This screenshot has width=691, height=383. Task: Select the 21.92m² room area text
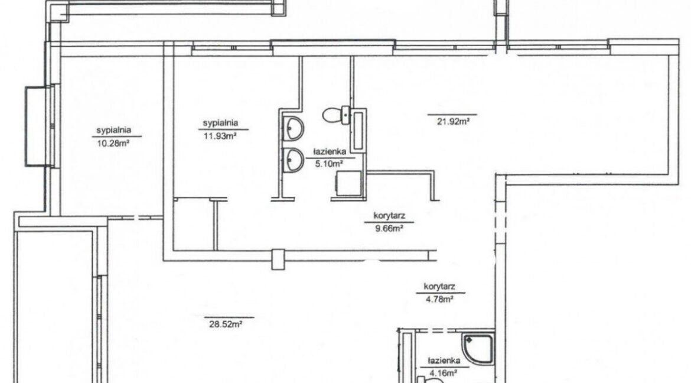[453, 121]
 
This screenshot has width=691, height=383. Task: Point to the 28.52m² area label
[226, 324]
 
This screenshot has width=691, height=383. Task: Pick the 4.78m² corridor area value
[439, 298]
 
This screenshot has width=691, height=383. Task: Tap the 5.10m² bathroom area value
[329, 163]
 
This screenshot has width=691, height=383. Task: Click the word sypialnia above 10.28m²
[114, 131]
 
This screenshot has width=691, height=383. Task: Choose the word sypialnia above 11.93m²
[220, 123]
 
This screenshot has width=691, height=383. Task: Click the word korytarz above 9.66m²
[389, 216]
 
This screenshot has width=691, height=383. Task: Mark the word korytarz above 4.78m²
[439, 287]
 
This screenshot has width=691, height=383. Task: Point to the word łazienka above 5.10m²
[329, 151]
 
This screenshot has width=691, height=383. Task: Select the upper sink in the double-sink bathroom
[293, 128]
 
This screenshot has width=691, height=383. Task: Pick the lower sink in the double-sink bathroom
[293, 160]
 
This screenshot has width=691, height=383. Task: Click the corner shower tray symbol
[478, 349]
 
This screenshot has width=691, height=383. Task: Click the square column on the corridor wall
[279, 259]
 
